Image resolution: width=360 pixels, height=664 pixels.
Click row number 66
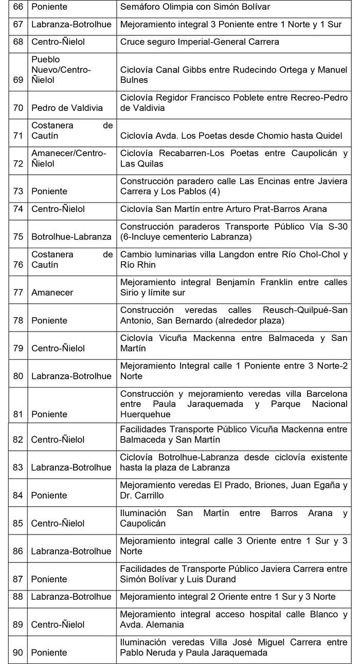click(x=18, y=7)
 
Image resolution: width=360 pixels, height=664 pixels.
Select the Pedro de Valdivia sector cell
click(x=60, y=108)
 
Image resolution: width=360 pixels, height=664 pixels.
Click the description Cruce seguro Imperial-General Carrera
click(x=200, y=42)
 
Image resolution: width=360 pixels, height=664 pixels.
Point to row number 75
click(x=18, y=237)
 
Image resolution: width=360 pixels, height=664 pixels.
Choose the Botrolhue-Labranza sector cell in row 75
click(x=71, y=237)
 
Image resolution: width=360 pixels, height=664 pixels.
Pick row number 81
click(x=18, y=414)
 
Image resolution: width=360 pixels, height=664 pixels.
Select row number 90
click(x=18, y=653)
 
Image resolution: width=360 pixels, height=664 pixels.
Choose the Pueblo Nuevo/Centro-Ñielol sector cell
click(x=61, y=70)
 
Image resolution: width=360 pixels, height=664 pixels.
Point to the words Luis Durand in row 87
click(x=213, y=579)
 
